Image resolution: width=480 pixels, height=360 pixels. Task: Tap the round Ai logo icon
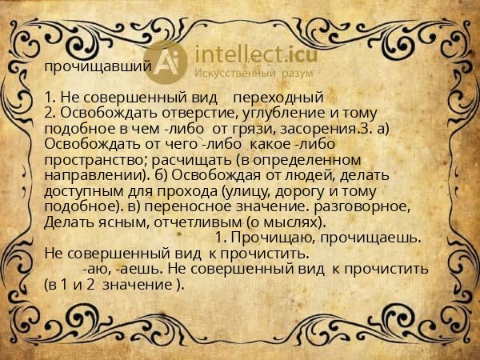pyautogui.click(x=167, y=59)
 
